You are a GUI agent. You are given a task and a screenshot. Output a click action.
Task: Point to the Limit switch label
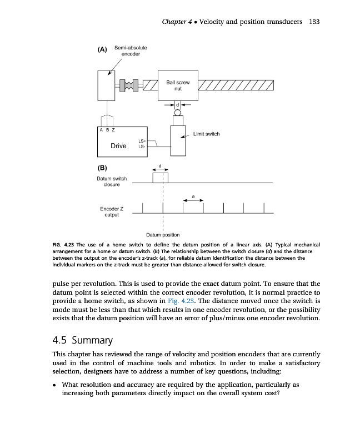tap(207, 134)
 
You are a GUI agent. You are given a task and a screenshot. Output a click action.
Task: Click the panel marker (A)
tap(102, 49)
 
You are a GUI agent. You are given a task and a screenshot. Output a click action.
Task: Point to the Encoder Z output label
tap(112, 211)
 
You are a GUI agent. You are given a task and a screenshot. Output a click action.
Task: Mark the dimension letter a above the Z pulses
tap(193, 196)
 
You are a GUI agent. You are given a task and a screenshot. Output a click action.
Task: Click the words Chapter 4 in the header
tap(178, 22)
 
